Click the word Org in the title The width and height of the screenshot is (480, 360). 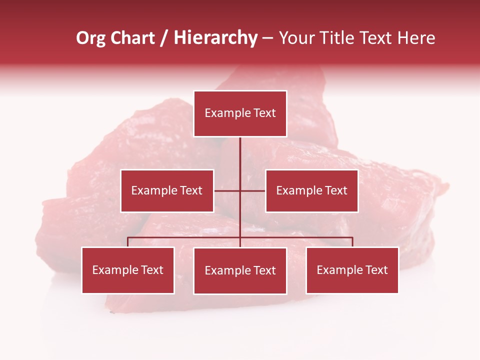[90, 38]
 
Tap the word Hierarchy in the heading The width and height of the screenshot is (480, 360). [215, 38]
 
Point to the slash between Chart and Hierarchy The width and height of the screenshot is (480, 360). [164, 38]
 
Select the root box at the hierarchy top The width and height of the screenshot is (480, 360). [240, 113]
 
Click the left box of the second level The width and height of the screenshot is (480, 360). [167, 190]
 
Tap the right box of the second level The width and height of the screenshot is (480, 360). [311, 190]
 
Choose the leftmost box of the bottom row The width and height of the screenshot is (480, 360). [127, 270]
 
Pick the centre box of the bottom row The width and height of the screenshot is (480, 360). [240, 270]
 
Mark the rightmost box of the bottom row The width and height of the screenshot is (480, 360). [352, 270]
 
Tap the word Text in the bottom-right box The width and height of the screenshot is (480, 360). [377, 270]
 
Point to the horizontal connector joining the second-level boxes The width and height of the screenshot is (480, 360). [228, 190]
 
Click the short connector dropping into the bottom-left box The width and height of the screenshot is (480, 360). [127, 242]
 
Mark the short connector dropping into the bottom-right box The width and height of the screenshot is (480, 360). [352, 242]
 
